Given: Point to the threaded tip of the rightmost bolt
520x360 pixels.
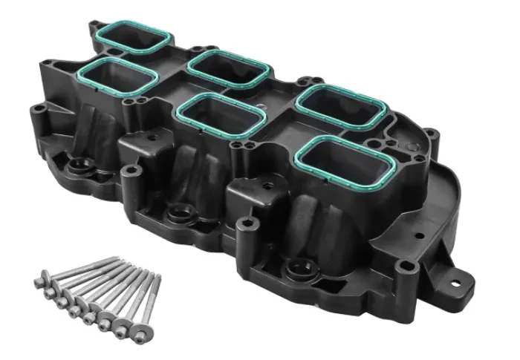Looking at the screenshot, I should click(157, 276).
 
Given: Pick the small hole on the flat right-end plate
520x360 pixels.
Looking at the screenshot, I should click(420, 236).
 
